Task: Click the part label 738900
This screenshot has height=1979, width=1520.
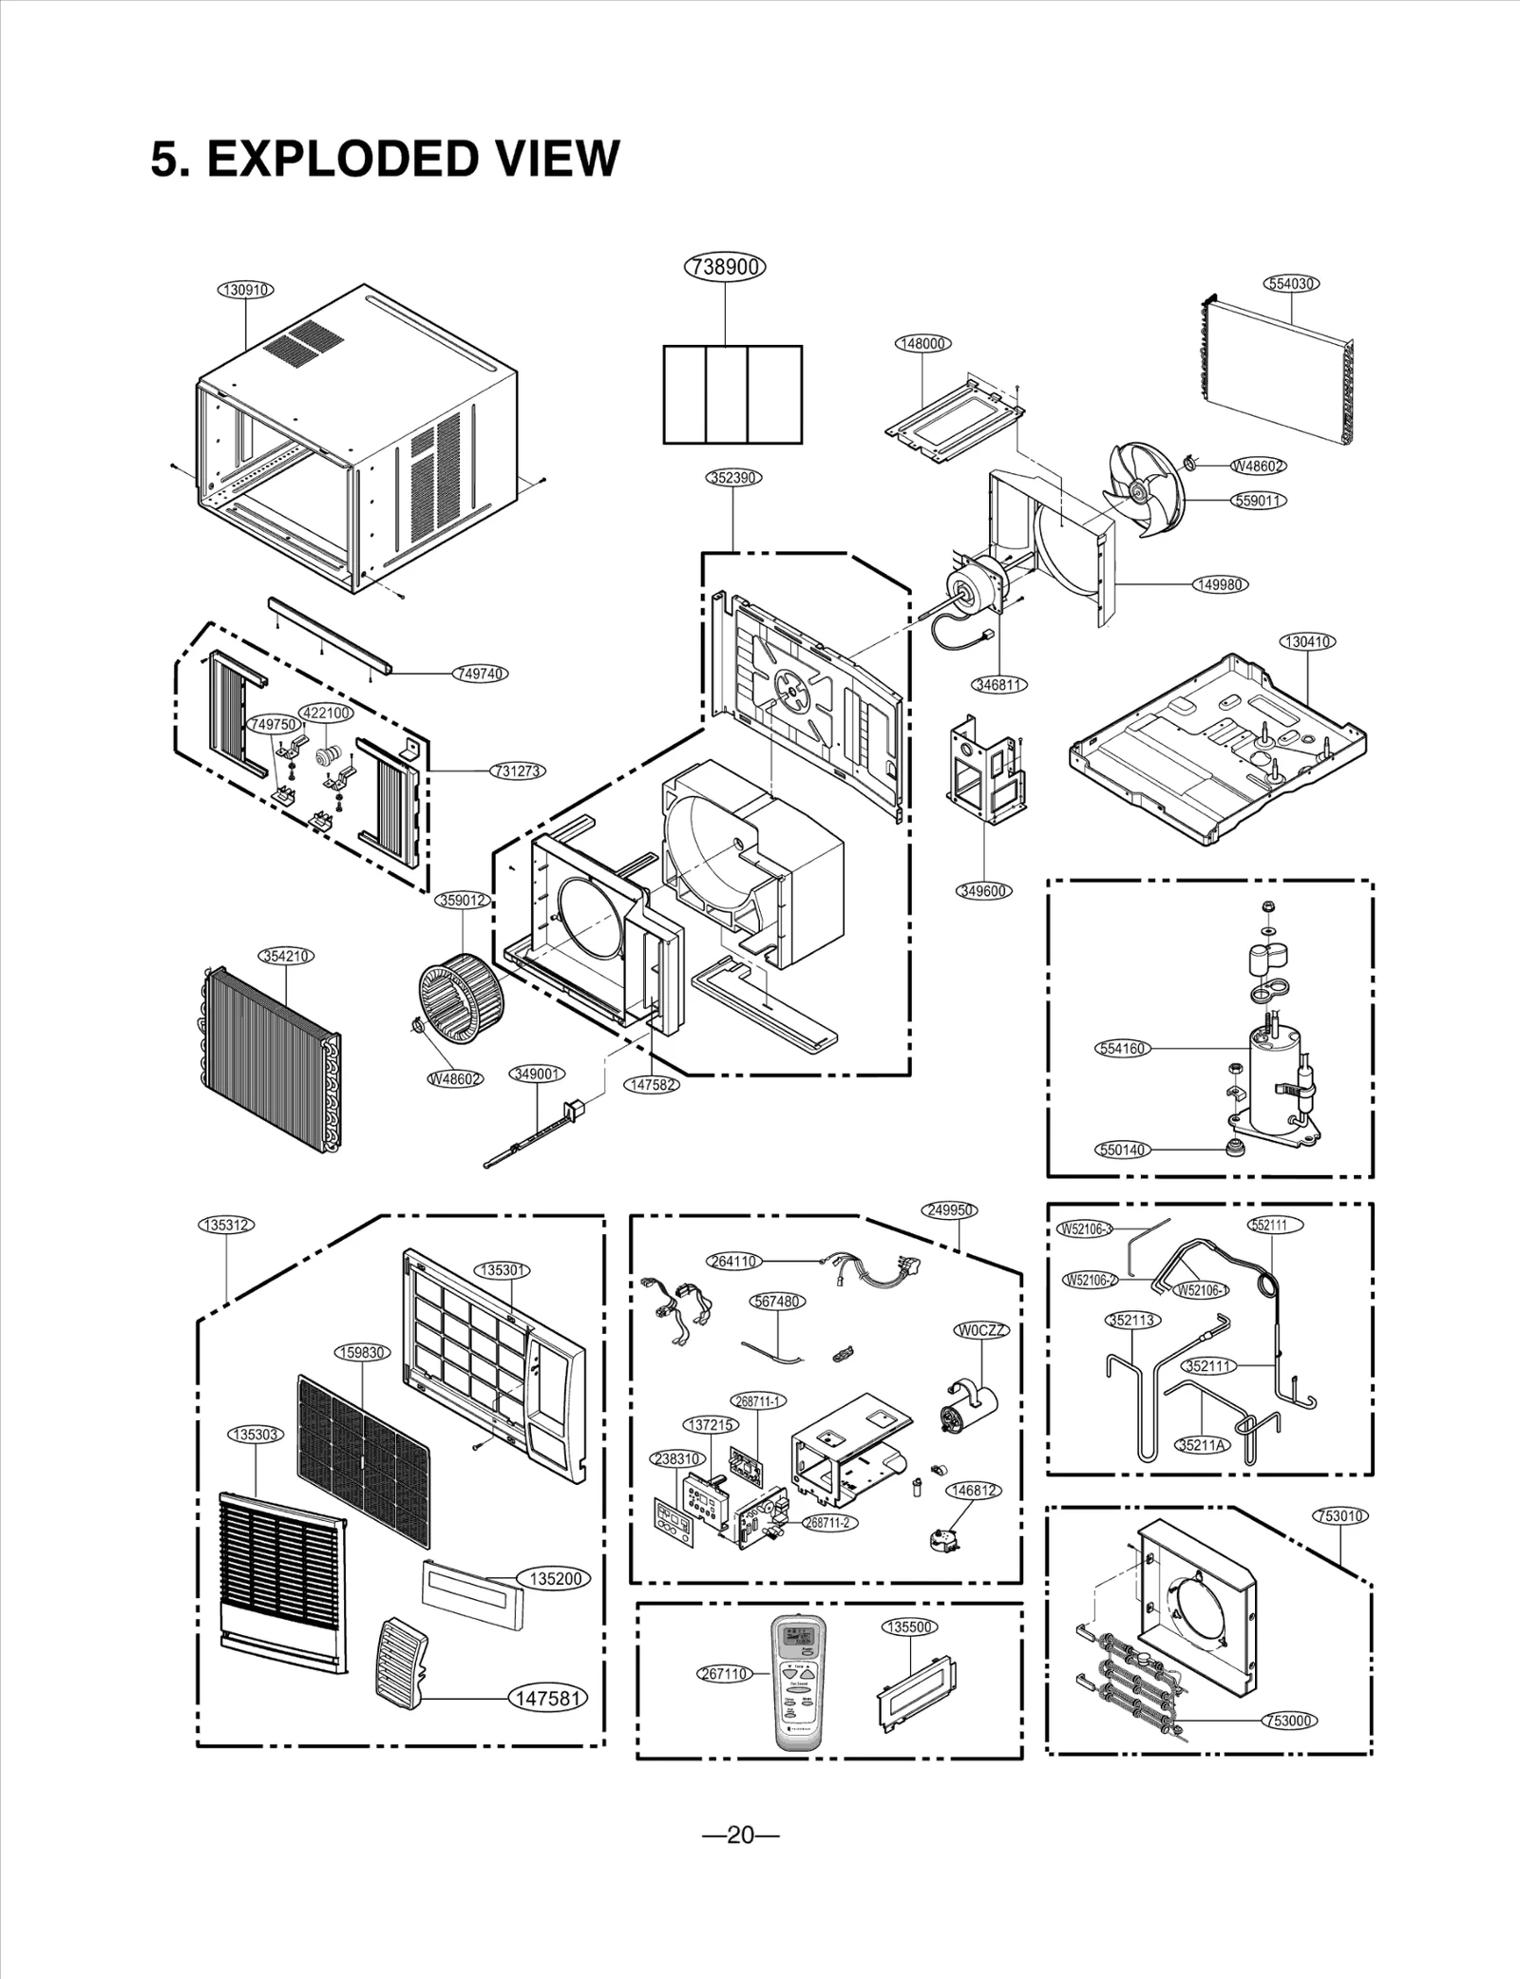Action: point(725,267)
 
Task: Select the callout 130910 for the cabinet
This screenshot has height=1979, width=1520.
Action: point(246,290)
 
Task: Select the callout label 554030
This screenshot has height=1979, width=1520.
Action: point(1293,283)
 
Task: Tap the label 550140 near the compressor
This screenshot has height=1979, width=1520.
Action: point(1123,1150)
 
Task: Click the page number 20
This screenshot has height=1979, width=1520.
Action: point(740,1861)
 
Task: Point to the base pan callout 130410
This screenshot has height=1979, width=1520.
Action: point(1308,641)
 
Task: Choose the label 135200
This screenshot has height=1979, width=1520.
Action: point(555,1578)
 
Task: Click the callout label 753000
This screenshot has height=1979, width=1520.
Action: point(1291,1721)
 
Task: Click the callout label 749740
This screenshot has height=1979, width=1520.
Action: point(481,673)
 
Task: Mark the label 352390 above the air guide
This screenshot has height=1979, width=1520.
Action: point(734,477)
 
